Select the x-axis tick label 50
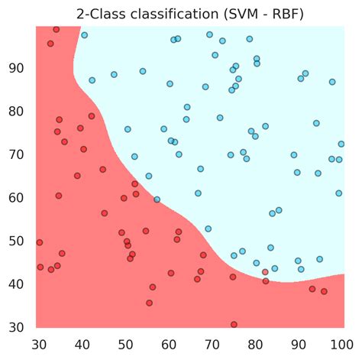point(124,343)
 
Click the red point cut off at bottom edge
point(234,325)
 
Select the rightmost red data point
point(324,291)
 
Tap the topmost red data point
point(57,29)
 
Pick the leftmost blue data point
point(84,35)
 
